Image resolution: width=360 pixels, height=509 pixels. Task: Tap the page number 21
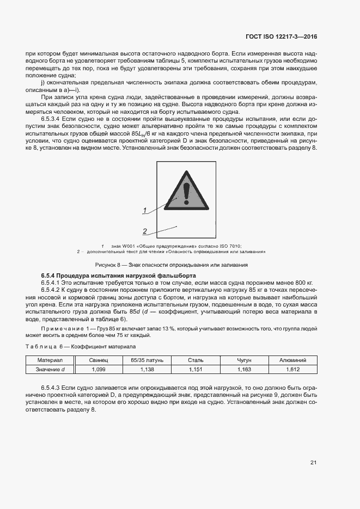pyautogui.click(x=313, y=463)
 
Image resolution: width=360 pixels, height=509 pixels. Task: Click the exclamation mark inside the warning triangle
pyautogui.click(x=186, y=193)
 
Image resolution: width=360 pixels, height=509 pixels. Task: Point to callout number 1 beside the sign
pyautogui.click(x=145, y=210)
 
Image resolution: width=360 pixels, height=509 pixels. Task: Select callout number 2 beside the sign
pyautogui.click(x=145, y=231)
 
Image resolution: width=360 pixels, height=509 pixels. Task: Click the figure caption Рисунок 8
pyautogui.click(x=172, y=265)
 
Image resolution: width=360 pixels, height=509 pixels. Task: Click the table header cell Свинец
pyautogui.click(x=99, y=360)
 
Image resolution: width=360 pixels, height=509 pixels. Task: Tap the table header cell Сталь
pyautogui.click(x=195, y=360)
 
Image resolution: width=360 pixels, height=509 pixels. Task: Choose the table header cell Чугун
pyautogui.click(x=245, y=360)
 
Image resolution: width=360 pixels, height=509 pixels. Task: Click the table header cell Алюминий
pyautogui.click(x=292, y=360)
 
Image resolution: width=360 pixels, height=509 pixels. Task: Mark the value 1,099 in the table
pyautogui.click(x=99, y=369)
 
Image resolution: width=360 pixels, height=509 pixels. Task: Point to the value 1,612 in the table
pyautogui.click(x=292, y=369)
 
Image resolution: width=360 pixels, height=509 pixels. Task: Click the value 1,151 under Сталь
pyautogui.click(x=195, y=369)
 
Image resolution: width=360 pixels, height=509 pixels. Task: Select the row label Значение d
pyautogui.click(x=51, y=369)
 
